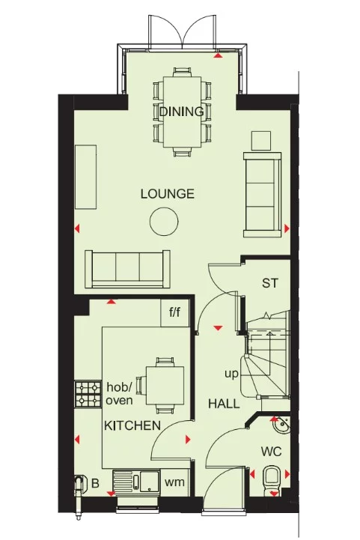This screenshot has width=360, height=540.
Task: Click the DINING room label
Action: tap(181, 112)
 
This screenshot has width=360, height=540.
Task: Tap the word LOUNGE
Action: tap(168, 194)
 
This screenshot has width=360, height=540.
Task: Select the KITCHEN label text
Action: tap(132, 426)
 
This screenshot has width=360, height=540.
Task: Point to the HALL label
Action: tap(224, 404)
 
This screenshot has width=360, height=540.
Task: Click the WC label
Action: tap(272, 452)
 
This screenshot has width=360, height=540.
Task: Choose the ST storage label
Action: tap(270, 283)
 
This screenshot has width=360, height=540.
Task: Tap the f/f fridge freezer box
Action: tap(175, 313)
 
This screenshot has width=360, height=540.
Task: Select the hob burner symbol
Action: tap(88, 394)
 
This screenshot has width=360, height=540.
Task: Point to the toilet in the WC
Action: tap(272, 476)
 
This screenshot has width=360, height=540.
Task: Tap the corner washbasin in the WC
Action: tap(280, 426)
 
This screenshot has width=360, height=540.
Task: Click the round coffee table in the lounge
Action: tap(163, 222)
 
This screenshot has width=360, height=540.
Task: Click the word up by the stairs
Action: tap(231, 372)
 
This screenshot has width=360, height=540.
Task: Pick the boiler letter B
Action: tap(95, 483)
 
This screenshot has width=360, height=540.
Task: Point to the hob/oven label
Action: tap(118, 394)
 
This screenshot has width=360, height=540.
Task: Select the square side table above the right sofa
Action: tap(261, 140)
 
